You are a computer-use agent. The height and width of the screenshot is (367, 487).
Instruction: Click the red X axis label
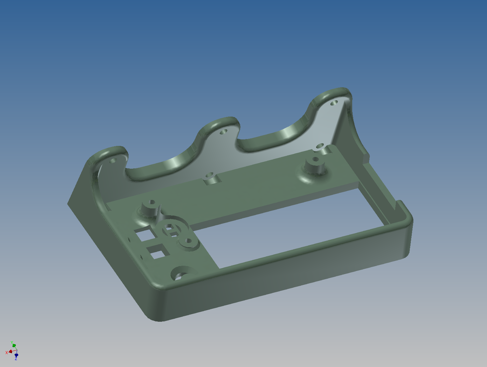point(7,353)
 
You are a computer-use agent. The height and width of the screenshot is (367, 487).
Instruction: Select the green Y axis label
point(12,343)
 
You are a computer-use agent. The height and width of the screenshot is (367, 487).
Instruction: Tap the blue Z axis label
point(16,359)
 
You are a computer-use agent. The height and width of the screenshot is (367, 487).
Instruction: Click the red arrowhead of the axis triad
point(10,351)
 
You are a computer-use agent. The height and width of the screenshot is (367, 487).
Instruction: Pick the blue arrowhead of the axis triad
point(16,355)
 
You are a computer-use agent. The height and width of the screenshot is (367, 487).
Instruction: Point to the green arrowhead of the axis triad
point(14,346)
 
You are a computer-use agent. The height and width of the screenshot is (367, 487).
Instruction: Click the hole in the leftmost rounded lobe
point(113,161)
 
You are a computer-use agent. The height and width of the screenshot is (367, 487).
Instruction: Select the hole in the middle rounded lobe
point(223,132)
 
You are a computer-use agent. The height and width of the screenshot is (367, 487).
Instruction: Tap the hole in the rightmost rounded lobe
point(334,103)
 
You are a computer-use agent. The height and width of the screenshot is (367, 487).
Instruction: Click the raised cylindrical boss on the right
point(315,166)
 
